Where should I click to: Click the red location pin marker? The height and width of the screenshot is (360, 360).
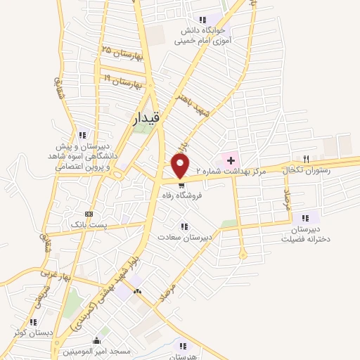tap(181, 165)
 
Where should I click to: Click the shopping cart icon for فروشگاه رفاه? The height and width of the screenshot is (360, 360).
tap(183, 186)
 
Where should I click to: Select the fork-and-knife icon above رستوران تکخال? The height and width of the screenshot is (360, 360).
tap(306, 159)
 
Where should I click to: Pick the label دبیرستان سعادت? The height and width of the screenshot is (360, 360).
tap(184, 237)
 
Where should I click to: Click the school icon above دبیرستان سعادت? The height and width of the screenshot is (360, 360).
tap(184, 226)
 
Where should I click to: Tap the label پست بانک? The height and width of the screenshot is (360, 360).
tap(88, 224)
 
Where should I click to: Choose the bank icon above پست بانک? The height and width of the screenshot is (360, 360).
tap(89, 214)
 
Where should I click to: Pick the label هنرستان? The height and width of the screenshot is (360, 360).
tap(184, 356)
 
